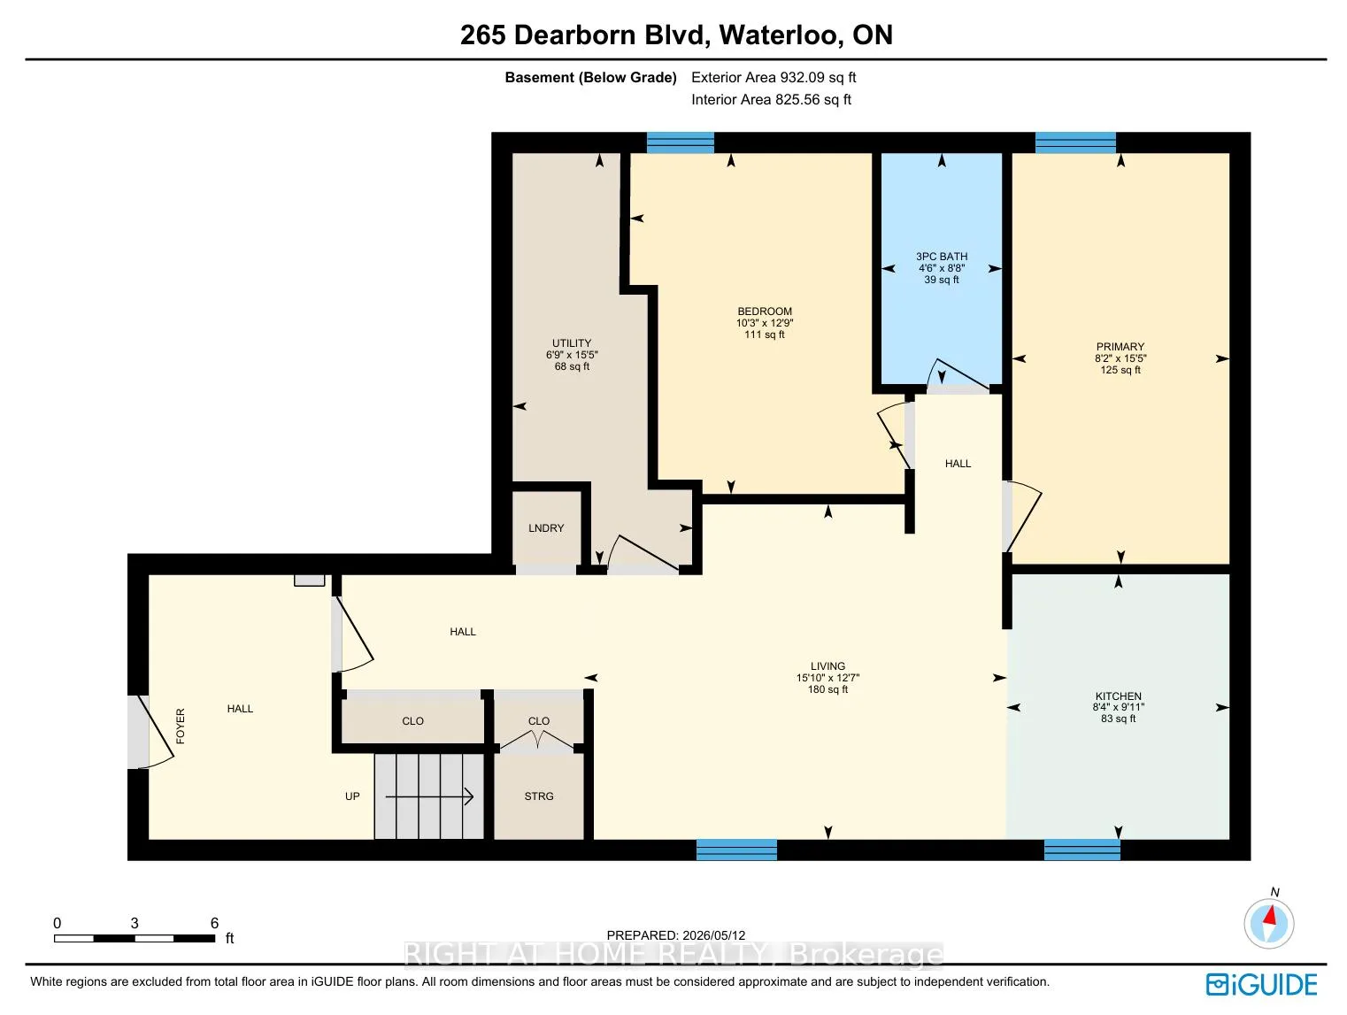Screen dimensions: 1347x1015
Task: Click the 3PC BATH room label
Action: [941, 257]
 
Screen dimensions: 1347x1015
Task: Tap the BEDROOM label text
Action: [764, 311]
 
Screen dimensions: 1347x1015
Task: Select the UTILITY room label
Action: [572, 342]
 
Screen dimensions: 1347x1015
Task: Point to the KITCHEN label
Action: [1118, 696]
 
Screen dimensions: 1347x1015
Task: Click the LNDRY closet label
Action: [545, 528]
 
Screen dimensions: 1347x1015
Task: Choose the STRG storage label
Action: [538, 796]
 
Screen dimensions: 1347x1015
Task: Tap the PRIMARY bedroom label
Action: [1120, 347]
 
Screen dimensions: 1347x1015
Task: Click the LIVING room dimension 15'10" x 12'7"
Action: [827, 678]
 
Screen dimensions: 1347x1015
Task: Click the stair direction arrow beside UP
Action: [428, 796]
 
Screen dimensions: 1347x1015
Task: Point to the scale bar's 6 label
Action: [214, 923]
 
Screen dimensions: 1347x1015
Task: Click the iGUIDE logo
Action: [1261, 984]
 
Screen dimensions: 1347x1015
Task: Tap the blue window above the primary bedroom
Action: [1074, 142]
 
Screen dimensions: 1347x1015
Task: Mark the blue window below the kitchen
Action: [1081, 850]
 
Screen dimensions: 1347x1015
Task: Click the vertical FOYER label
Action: [180, 727]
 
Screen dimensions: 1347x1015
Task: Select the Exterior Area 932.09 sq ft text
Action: [773, 77]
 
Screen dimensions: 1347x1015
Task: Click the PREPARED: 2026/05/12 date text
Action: [675, 935]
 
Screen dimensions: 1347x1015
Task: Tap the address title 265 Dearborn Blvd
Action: [585, 35]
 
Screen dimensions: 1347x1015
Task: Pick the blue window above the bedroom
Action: [680, 142]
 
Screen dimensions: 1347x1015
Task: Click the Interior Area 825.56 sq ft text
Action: [771, 99]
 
